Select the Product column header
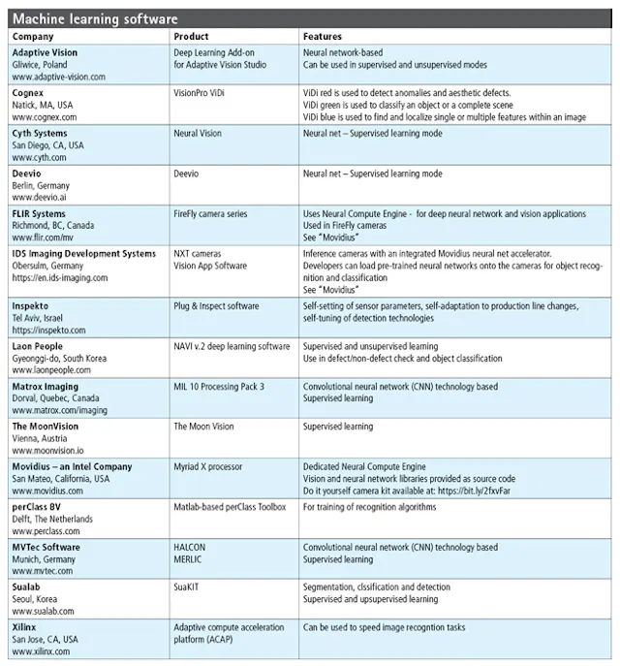(x=191, y=36)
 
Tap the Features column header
(x=323, y=36)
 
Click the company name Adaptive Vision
(x=45, y=51)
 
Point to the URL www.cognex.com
(x=46, y=115)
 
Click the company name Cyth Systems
(x=42, y=132)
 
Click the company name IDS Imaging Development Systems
(x=83, y=253)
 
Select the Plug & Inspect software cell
(x=216, y=305)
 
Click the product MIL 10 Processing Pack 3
(x=218, y=386)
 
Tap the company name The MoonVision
(x=46, y=426)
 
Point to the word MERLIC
(x=189, y=559)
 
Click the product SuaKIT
(x=189, y=587)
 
